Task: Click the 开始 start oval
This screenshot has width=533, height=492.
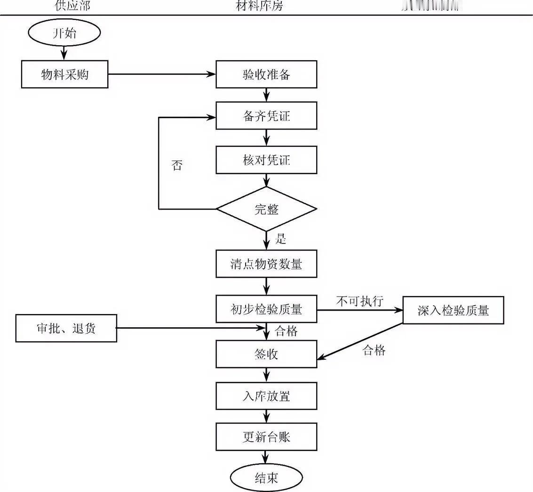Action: pos(64,34)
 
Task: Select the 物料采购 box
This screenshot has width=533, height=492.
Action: pos(64,74)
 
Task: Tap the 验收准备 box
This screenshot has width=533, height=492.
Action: pos(266,74)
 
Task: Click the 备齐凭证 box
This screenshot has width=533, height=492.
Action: pos(266,116)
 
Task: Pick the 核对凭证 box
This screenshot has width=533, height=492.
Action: pos(266,160)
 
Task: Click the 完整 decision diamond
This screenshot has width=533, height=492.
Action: pos(266,209)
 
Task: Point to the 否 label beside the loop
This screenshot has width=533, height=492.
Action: pos(177,166)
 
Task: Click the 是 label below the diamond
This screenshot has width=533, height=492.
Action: pos(281,240)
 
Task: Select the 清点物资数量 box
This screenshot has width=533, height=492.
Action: pos(266,264)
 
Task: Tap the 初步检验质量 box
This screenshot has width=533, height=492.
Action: pos(266,309)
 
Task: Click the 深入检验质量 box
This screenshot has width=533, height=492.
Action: pos(453,310)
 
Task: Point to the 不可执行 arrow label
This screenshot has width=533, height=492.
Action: pos(360,301)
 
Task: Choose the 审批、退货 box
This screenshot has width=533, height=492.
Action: pos(66,328)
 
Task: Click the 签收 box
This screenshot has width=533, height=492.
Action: pos(266,354)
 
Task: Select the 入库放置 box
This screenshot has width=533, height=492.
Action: pos(266,396)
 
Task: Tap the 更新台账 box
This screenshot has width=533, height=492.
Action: pos(266,437)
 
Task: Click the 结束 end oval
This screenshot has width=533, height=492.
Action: pos(266,478)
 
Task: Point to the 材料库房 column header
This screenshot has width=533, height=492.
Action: pos(259,6)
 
